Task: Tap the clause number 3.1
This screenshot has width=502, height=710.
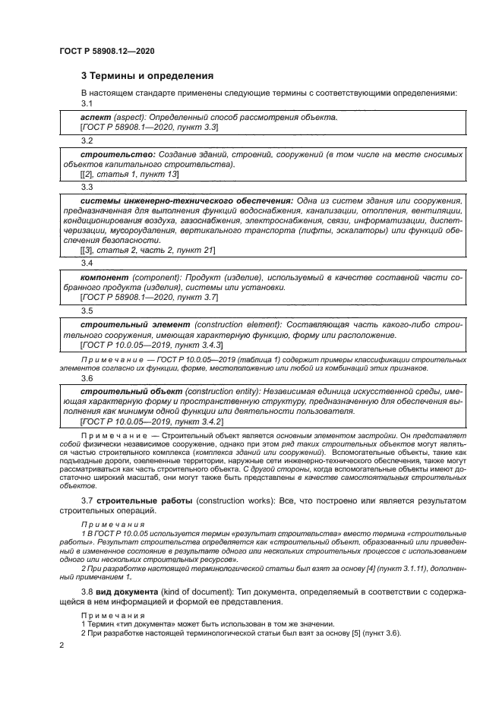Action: [x=87, y=103]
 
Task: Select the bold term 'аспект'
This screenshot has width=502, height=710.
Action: [x=96, y=118]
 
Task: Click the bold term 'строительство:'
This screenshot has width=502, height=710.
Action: [x=113, y=155]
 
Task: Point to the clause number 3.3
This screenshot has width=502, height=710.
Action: [x=87, y=187]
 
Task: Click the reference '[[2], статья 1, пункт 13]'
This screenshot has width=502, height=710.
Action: [x=129, y=174]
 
